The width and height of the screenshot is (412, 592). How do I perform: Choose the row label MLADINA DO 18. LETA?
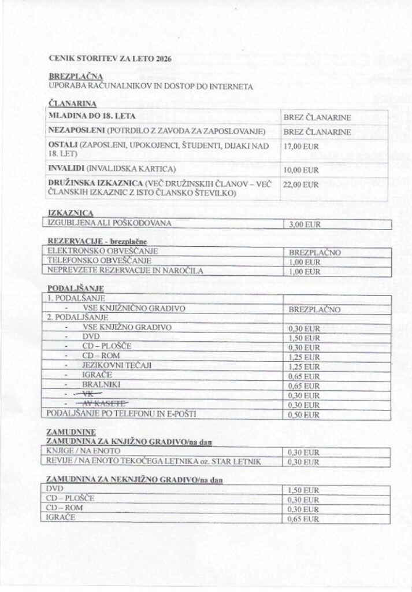click(92, 116)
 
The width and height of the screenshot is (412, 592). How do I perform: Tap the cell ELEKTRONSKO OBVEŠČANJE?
click(102, 251)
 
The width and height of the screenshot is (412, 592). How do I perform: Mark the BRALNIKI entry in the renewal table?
click(101, 385)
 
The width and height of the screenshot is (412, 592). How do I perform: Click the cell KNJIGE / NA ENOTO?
click(79, 451)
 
